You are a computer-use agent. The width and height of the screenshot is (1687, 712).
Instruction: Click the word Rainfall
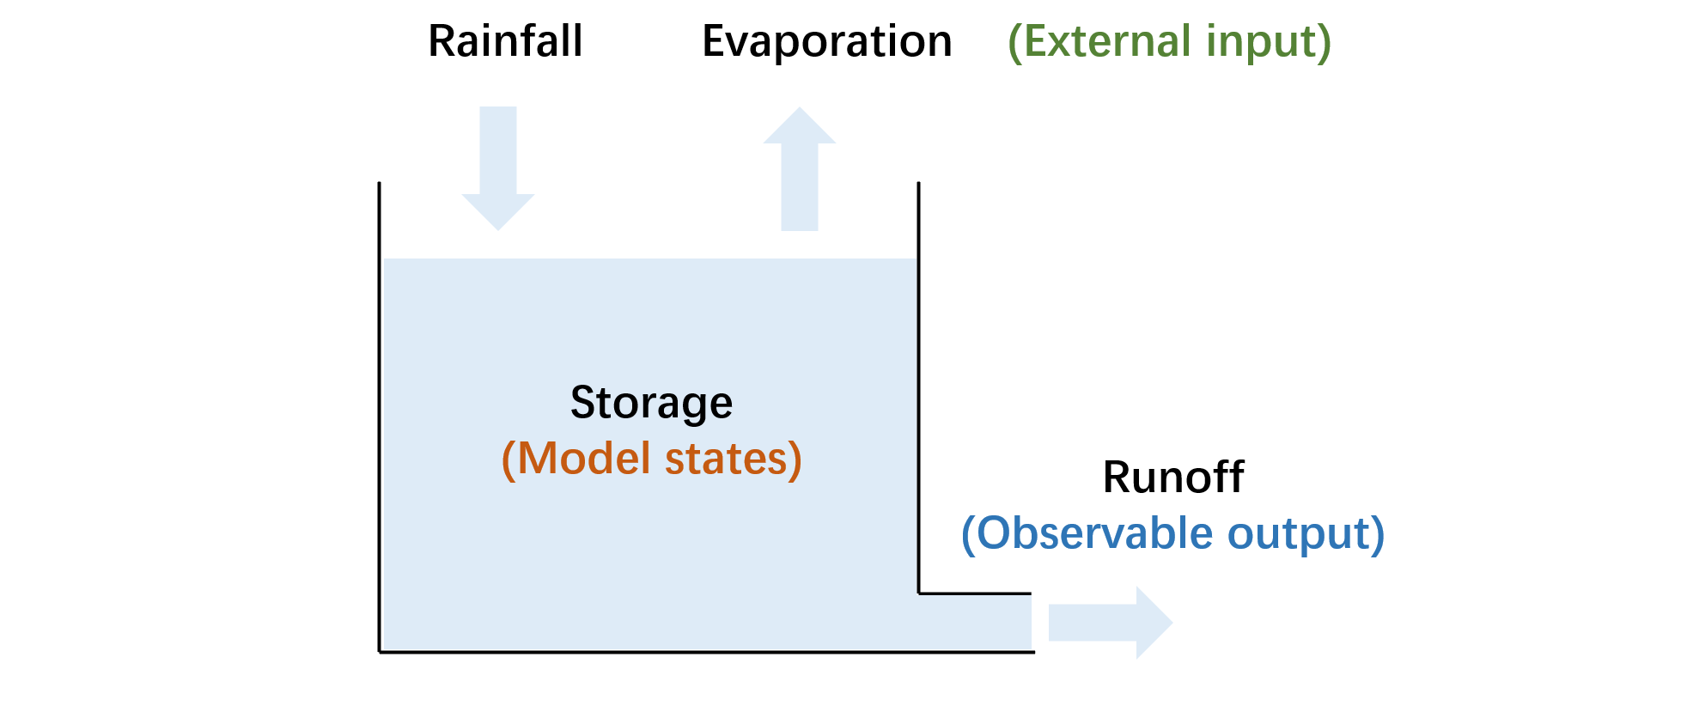pyautogui.click(x=505, y=41)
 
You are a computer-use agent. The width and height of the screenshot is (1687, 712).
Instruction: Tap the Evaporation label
pyautogui.click(x=826, y=41)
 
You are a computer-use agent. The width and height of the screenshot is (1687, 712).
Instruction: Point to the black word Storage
pyautogui.click(x=651, y=403)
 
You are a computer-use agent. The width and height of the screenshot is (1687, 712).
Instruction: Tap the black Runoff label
pyautogui.click(x=1173, y=477)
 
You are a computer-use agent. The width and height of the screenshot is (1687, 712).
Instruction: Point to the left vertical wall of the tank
pyautogui.click(x=380, y=412)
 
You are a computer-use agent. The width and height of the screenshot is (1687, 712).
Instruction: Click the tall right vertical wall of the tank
pyautogui.click(x=918, y=386)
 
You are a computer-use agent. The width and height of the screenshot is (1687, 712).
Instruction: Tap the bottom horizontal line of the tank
pyautogui.click(x=704, y=652)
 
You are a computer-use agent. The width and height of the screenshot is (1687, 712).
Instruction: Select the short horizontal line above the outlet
pyautogui.click(x=975, y=593)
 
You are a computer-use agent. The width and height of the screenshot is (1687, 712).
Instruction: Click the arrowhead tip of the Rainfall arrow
pyautogui.click(x=498, y=228)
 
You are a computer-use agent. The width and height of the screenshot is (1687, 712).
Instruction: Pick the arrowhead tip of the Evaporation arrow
pyautogui.click(x=800, y=109)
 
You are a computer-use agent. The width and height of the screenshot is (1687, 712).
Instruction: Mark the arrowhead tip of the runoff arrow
pyautogui.click(x=1171, y=623)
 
